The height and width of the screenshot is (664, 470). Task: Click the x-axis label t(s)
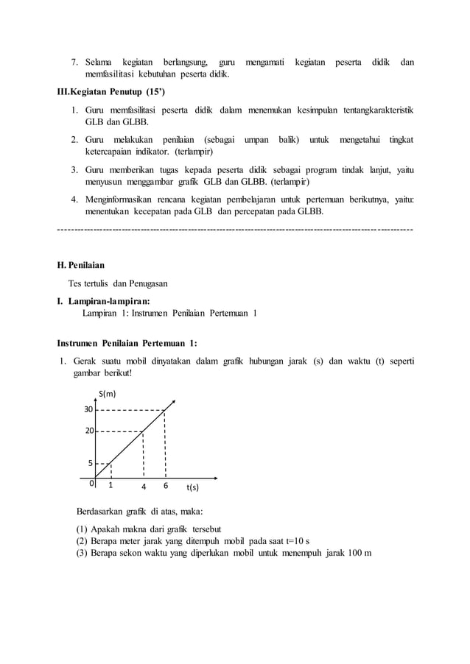tap(192, 487)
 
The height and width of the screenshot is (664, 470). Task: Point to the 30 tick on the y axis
tap(88, 410)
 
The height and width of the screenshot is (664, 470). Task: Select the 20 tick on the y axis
tap(88, 431)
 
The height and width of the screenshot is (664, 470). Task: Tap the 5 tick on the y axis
tap(90, 464)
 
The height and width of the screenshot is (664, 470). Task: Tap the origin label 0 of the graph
tap(91, 484)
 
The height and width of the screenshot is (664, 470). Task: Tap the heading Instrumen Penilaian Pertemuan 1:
tap(127, 342)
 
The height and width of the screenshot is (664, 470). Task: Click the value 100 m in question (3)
tap(359, 553)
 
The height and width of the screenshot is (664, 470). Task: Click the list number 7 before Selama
tap(74, 63)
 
